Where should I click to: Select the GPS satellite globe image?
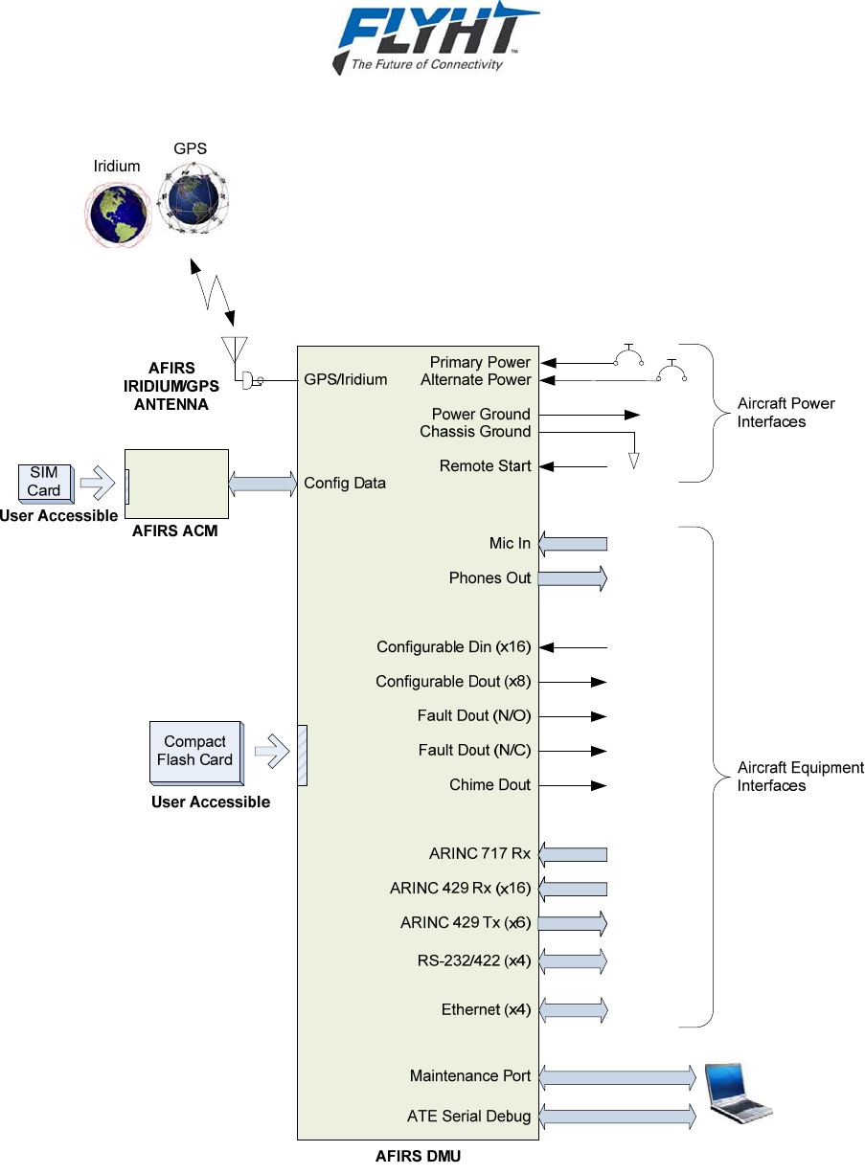click(x=194, y=199)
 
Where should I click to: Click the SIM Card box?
click(x=44, y=482)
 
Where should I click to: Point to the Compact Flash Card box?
click(x=194, y=752)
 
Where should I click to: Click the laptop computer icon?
click(x=737, y=1092)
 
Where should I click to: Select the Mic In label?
click(x=510, y=544)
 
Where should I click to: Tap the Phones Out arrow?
click(x=573, y=578)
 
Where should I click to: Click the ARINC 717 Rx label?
click(x=479, y=854)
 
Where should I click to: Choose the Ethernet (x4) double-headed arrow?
click(x=573, y=1009)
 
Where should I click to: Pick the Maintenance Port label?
click(x=469, y=1076)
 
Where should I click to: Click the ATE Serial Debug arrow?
click(x=617, y=1116)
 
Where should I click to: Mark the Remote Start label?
click(x=485, y=466)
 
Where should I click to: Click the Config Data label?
click(x=345, y=483)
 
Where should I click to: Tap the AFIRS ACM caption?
click(x=175, y=531)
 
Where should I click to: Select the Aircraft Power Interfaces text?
click(x=785, y=413)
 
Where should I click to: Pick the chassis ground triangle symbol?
click(x=633, y=461)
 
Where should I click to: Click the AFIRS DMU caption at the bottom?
click(x=418, y=1157)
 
